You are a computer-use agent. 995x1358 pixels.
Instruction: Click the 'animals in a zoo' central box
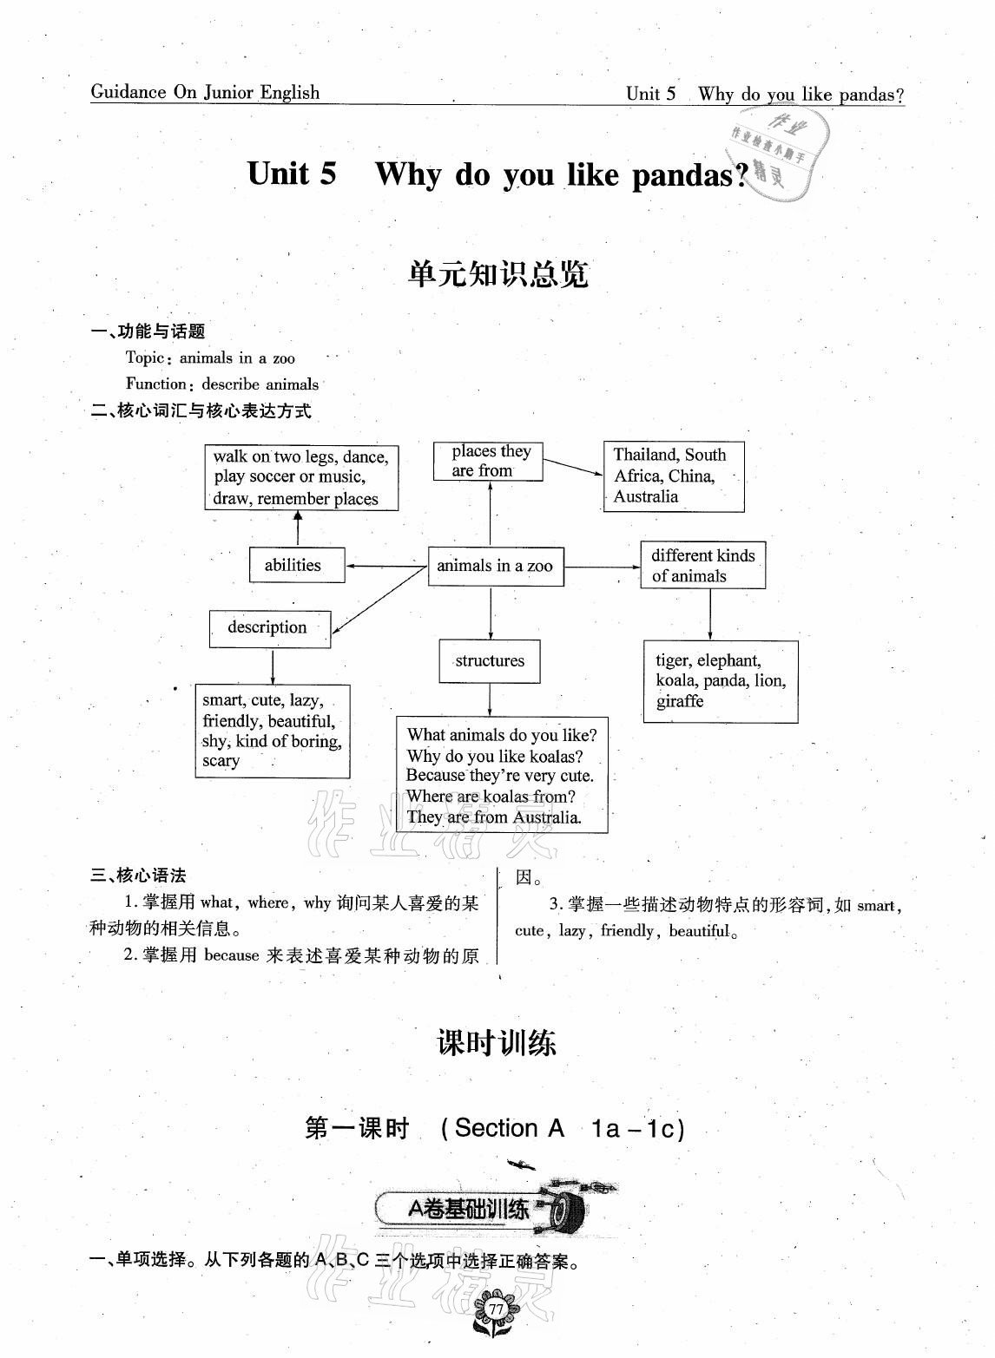tap(495, 566)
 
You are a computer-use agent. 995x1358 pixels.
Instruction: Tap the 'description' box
tap(269, 627)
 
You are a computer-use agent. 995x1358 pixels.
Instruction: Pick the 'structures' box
tap(490, 661)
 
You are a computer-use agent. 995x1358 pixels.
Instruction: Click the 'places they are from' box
tap(488, 461)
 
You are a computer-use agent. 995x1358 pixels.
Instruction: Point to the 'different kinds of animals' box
tap(702, 565)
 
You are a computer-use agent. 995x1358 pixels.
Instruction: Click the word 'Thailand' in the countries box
tap(643, 455)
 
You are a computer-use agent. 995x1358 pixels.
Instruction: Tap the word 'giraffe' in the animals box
tap(680, 701)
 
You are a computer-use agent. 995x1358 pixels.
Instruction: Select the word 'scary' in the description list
tap(221, 761)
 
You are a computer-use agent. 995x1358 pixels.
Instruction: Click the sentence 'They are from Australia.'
tap(494, 817)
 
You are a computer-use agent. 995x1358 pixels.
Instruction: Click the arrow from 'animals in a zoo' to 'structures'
tap(491, 612)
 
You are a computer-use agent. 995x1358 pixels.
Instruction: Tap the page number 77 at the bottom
tap(496, 1309)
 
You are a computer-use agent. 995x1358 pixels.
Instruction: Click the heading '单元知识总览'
tap(497, 275)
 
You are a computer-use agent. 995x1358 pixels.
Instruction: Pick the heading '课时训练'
tap(497, 1042)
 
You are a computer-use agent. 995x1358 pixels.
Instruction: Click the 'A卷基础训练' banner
tap(469, 1209)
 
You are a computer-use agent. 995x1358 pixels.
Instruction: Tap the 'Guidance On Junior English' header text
tap(205, 93)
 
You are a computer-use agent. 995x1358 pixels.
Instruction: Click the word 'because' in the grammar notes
tap(232, 955)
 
